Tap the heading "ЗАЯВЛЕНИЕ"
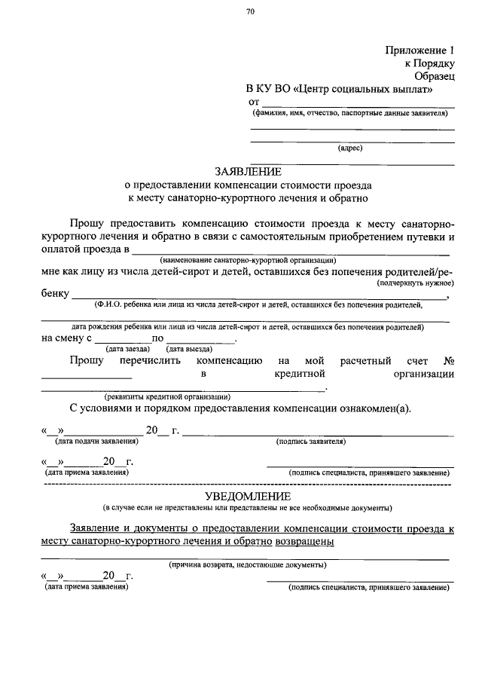[x=249, y=172]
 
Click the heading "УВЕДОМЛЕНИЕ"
[x=249, y=495]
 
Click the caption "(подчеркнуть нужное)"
[x=415, y=283]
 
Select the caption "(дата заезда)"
[x=127, y=350]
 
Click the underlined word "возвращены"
[x=304, y=541]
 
